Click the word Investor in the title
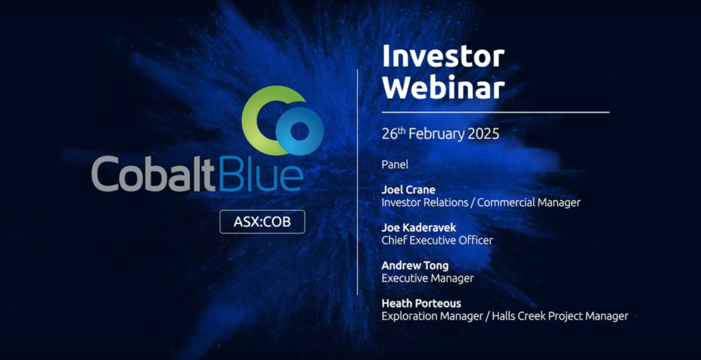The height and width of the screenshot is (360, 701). point(443,57)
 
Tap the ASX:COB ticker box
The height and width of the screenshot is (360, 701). point(262,222)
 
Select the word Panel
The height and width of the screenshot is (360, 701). point(395,164)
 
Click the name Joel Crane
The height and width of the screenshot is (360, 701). point(408,190)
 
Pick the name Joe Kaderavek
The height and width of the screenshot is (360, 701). point(419,228)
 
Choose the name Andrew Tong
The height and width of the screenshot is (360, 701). point(415,266)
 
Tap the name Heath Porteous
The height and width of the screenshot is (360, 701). point(421,304)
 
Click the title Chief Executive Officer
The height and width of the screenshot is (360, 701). point(437,241)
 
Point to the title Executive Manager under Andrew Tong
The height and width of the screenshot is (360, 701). point(427,279)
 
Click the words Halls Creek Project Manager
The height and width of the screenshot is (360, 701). point(560,317)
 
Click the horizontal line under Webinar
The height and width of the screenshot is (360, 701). point(496,112)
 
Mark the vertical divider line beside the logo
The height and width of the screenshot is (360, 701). point(357,182)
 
